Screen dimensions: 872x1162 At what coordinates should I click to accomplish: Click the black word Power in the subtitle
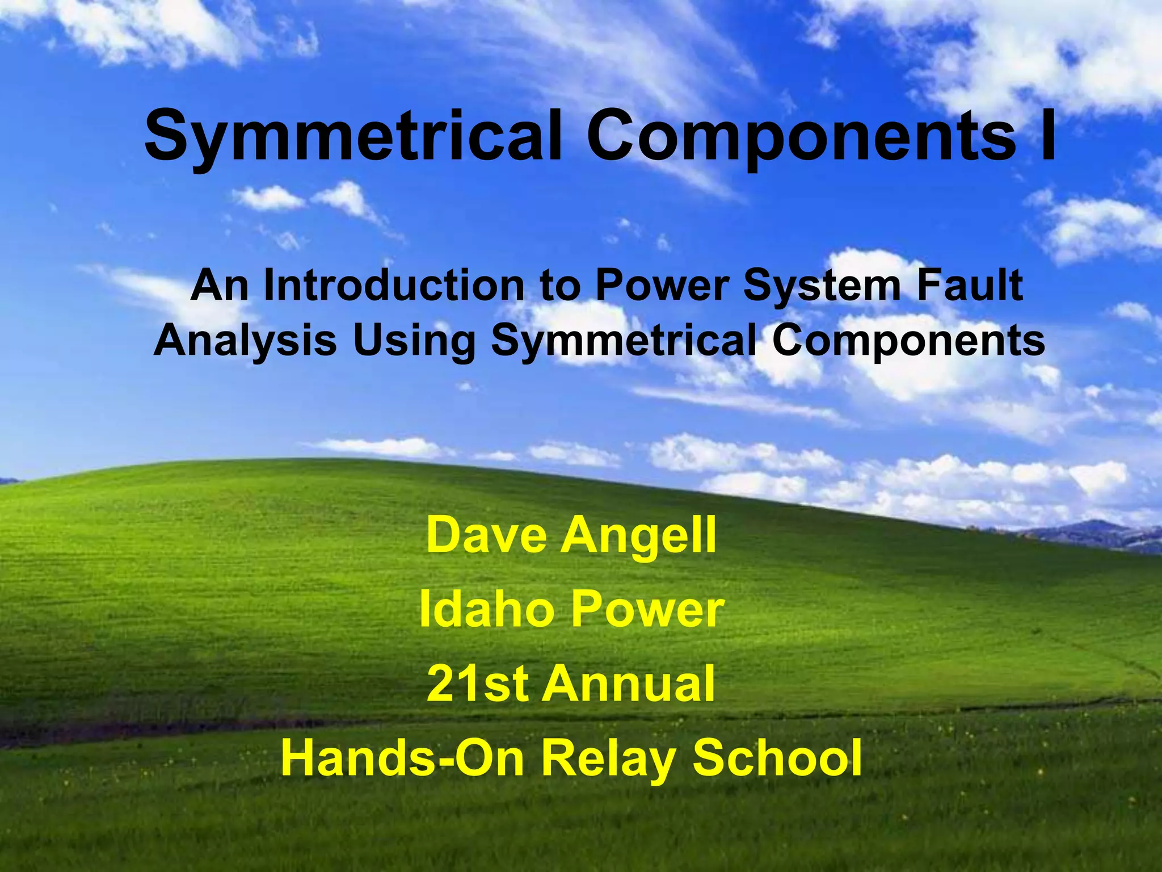coord(662,286)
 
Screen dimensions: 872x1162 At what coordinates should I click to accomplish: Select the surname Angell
coord(639,536)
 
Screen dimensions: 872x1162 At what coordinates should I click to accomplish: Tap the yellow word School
coord(777,757)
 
